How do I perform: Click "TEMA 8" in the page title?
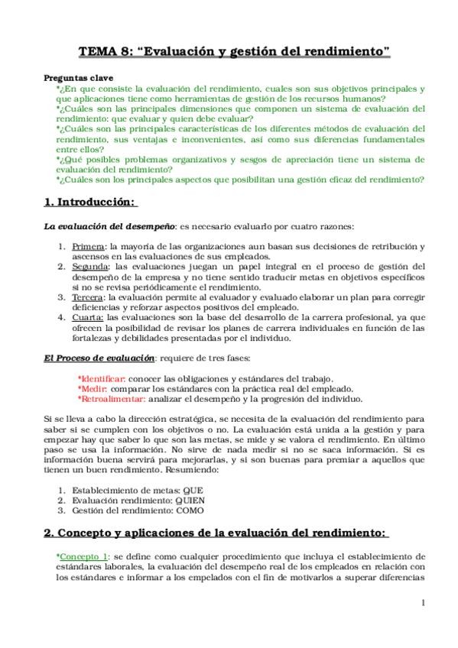(x=107, y=53)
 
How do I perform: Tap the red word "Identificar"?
(x=102, y=379)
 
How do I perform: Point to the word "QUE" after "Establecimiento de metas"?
(x=193, y=489)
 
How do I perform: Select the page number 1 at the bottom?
(x=423, y=603)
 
